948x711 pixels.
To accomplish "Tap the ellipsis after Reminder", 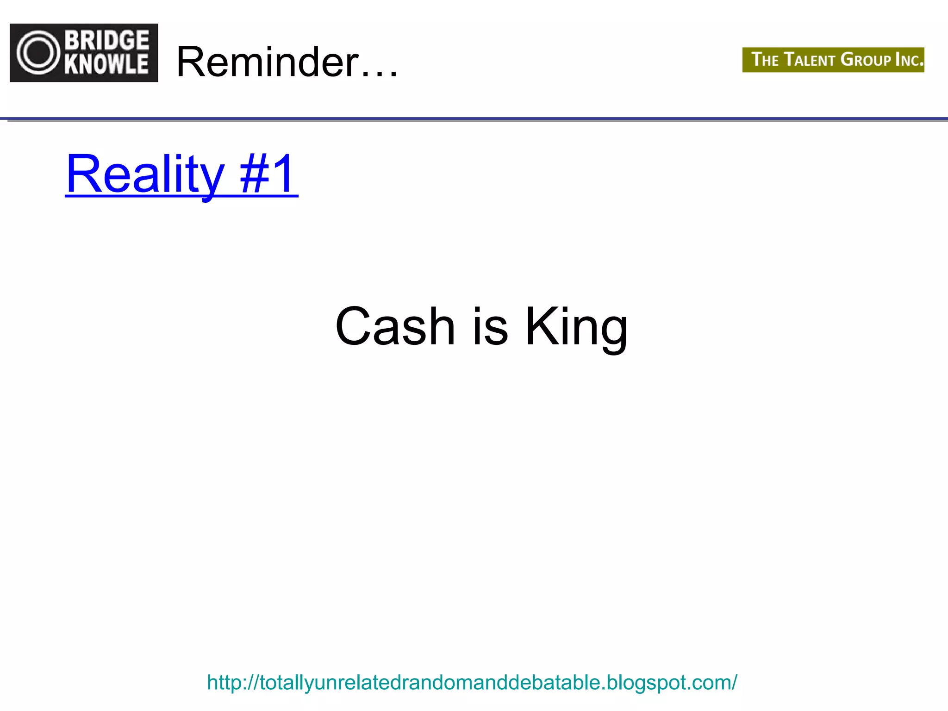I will (380, 73).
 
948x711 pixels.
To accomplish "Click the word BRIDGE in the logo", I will (107, 40).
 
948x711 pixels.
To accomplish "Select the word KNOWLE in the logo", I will (107, 64).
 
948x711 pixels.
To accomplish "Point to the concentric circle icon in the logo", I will (39, 52).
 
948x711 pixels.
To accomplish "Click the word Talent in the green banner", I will (810, 60).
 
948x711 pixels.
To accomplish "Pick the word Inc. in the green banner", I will (909, 60).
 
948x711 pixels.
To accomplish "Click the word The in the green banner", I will (765, 60).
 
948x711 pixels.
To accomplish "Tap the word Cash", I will (395, 326).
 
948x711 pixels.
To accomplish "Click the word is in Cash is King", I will (490, 326).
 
